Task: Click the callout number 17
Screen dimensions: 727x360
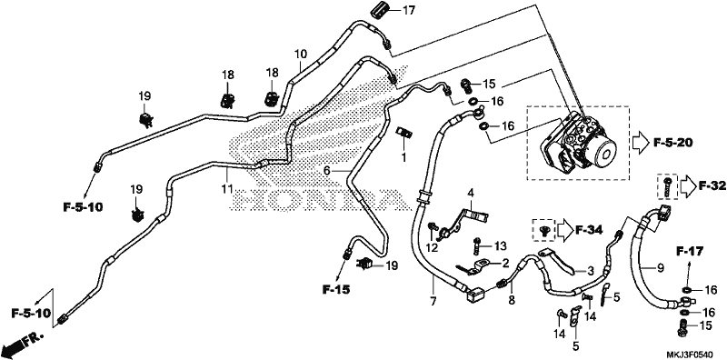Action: tap(409, 10)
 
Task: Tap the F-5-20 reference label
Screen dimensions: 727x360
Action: tap(672, 143)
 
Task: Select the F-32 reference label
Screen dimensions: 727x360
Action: tap(712, 186)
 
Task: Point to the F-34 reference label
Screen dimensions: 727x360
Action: tap(589, 229)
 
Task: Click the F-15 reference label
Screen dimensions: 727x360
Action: tap(336, 290)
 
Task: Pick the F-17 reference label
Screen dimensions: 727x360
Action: tap(690, 253)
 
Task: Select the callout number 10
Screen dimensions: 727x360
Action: tap(301, 54)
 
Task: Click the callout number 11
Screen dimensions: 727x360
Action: tap(226, 189)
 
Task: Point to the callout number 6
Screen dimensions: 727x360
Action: tap(327, 171)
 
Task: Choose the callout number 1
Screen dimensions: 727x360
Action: tap(403, 158)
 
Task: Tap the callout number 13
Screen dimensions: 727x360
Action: tap(488, 245)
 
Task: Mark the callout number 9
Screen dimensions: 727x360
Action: tap(661, 267)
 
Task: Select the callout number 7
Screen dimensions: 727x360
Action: tap(433, 302)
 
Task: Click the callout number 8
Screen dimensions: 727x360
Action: tap(512, 300)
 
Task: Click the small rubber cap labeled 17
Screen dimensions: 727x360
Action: tap(380, 10)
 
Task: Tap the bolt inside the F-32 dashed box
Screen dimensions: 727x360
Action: tap(668, 186)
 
